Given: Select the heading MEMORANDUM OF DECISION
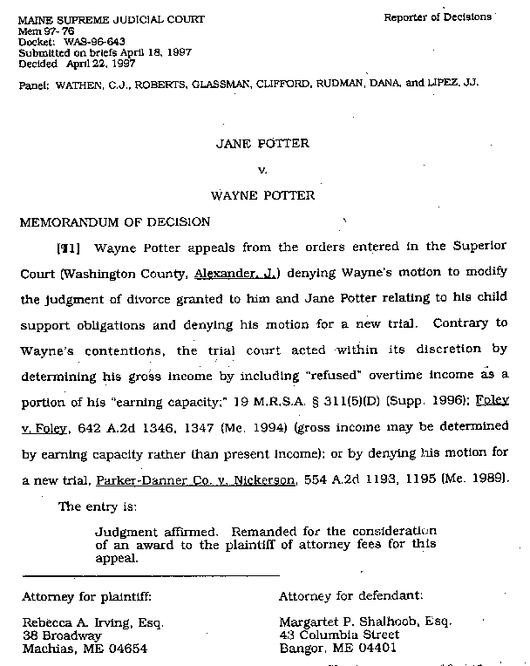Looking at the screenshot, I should (x=115, y=221).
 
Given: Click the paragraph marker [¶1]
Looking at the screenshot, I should (x=68, y=248).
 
